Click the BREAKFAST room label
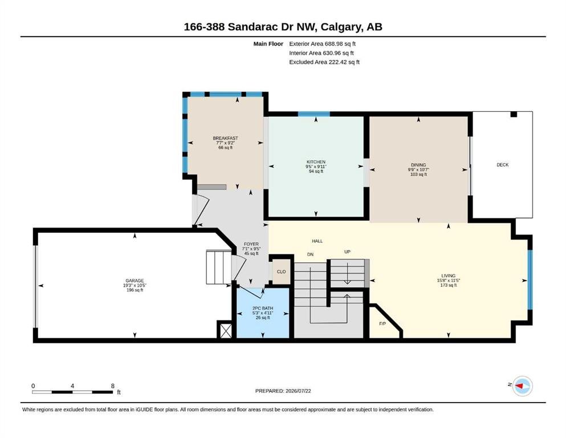pyautogui.click(x=225, y=138)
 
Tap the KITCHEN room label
pyautogui.click(x=316, y=162)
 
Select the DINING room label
pyautogui.click(x=418, y=165)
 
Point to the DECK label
pyautogui.click(x=503, y=165)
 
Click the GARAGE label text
pyautogui.click(x=135, y=281)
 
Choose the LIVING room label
pyautogui.click(x=449, y=275)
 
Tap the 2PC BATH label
pyautogui.click(x=263, y=309)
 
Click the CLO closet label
pyautogui.click(x=281, y=271)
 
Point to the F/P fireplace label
pyautogui.click(x=382, y=323)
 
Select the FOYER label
pyautogui.click(x=251, y=244)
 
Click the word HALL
pyautogui.click(x=317, y=241)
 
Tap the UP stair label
pyautogui.click(x=347, y=252)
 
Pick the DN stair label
pyautogui.click(x=310, y=254)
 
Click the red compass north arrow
pyautogui.click(x=519, y=386)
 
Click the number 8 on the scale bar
pyautogui.click(x=113, y=386)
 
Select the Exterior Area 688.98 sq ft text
pyautogui.click(x=323, y=44)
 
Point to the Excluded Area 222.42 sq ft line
pyautogui.click(x=324, y=62)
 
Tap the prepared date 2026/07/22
pyautogui.click(x=298, y=391)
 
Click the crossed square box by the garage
pyautogui.click(x=226, y=330)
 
